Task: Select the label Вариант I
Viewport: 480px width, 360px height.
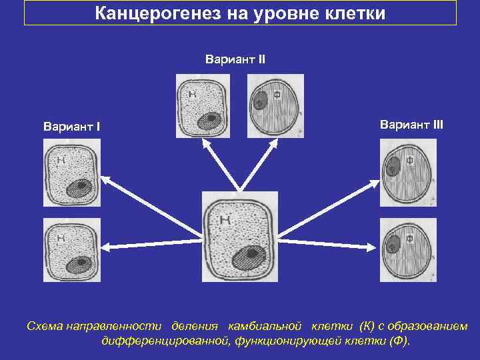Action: pos(71,126)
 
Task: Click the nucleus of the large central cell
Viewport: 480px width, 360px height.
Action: pos(246,257)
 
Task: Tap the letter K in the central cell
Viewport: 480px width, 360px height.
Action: pos(225,217)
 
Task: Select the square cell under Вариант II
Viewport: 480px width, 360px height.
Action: pos(203,105)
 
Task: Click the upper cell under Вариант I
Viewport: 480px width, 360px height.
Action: pos(71,177)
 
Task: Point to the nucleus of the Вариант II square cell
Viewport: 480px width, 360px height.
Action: pos(209,120)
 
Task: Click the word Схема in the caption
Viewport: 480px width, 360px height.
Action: pos(43,326)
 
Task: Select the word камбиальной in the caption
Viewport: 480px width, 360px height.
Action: pos(265,326)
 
